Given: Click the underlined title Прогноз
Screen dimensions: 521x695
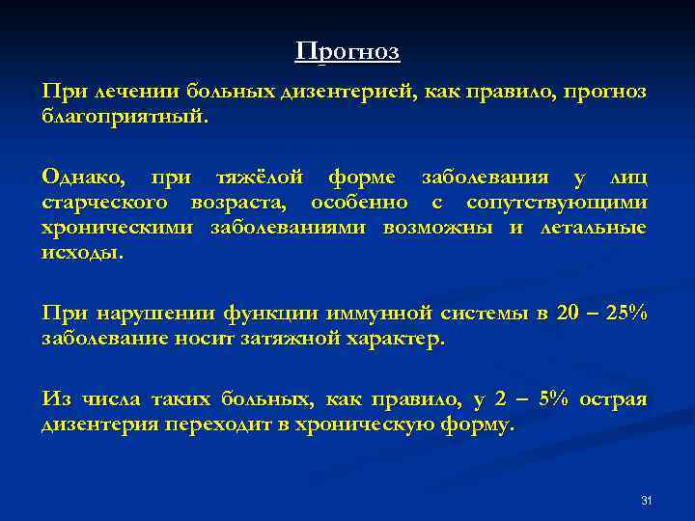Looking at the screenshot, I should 347,51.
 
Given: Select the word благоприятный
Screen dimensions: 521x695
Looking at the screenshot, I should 123,116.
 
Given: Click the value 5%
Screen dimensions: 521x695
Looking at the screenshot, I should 553,399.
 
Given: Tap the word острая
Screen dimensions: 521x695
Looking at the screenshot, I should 614,399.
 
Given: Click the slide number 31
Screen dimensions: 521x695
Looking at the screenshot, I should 647,500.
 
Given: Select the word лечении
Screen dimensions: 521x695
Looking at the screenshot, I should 133,91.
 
